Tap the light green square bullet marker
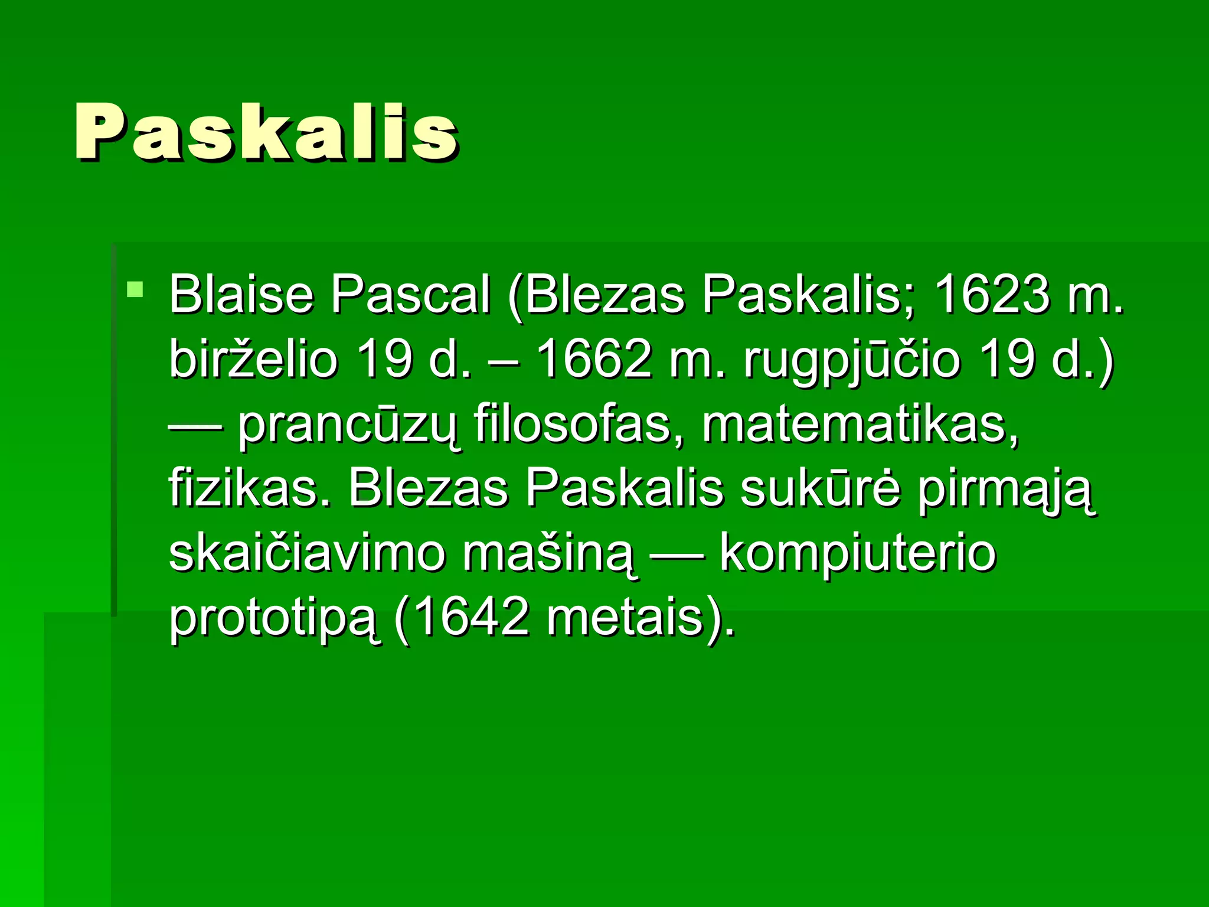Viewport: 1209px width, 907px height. coord(135,289)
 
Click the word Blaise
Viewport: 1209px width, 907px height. coord(241,294)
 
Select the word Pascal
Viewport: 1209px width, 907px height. coord(410,294)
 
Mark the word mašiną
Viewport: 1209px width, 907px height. coord(550,555)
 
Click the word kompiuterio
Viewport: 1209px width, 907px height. coord(858,555)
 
